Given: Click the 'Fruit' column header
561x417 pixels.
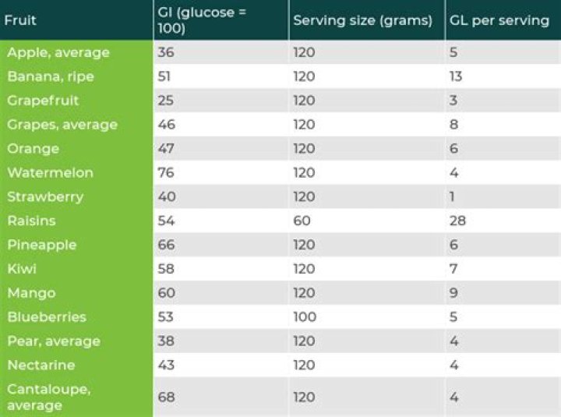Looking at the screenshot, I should point(21,20).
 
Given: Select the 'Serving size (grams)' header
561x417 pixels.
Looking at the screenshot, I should point(362,20).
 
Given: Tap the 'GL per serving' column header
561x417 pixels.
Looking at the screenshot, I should point(499,20).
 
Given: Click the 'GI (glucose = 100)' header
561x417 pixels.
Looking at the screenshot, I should point(203,20).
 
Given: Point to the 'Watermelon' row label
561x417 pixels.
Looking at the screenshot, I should point(50,173).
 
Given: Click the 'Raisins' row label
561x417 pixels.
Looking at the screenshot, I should point(31,221).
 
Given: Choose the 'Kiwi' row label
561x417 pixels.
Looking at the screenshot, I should point(22,269).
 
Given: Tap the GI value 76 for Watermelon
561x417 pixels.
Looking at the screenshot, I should point(166,173).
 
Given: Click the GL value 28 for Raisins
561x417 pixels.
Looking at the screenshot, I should point(457,221).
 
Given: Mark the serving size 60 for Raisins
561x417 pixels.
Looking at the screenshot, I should point(302,221).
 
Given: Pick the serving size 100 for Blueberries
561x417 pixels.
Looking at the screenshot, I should point(305,317).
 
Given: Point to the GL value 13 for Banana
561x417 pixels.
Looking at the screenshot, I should point(456,76).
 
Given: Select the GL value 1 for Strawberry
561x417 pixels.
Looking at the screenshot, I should point(452,197).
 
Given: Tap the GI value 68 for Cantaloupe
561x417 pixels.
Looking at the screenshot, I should point(166,397).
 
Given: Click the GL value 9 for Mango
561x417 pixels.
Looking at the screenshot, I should point(453,293).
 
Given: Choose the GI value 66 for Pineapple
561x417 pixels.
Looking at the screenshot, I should point(166,245).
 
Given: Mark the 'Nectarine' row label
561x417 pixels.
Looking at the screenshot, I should point(41,366).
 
